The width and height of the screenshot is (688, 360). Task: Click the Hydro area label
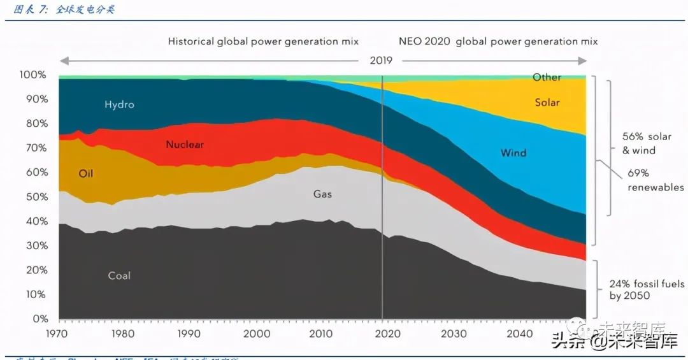click(x=119, y=104)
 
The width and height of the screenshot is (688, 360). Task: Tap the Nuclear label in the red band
click(x=185, y=145)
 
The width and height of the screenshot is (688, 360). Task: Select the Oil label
click(x=86, y=173)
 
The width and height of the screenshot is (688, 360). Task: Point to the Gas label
click(x=322, y=194)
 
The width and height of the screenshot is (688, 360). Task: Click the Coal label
click(x=119, y=276)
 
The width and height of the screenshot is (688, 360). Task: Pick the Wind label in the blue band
click(x=513, y=153)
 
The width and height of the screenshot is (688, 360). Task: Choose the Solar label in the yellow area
click(x=547, y=103)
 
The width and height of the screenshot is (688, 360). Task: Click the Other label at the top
click(x=547, y=77)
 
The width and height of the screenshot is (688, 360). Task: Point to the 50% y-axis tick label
click(x=36, y=197)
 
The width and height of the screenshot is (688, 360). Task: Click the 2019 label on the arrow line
click(x=381, y=61)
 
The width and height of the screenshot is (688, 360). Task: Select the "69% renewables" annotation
click(x=646, y=180)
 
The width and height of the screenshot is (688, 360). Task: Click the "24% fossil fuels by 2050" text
click(x=646, y=290)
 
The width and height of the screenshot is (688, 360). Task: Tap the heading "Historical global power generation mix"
click(x=263, y=41)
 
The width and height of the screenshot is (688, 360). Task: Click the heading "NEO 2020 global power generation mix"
click(x=498, y=41)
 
